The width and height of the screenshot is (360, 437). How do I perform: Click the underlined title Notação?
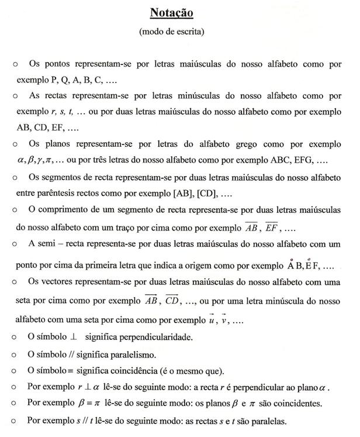(171, 12)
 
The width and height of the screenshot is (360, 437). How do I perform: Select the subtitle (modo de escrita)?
(171, 32)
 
